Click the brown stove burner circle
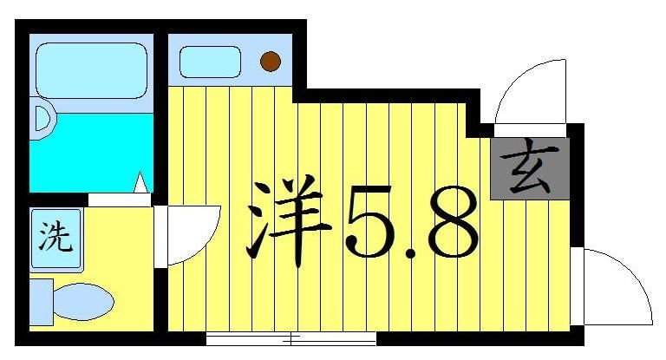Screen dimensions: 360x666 click(x=271, y=61)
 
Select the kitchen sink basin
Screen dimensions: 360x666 click(x=210, y=61)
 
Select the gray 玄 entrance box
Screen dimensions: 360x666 click(x=529, y=168)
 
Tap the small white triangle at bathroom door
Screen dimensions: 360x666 click(x=140, y=184)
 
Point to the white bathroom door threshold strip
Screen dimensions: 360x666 click(x=120, y=199)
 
